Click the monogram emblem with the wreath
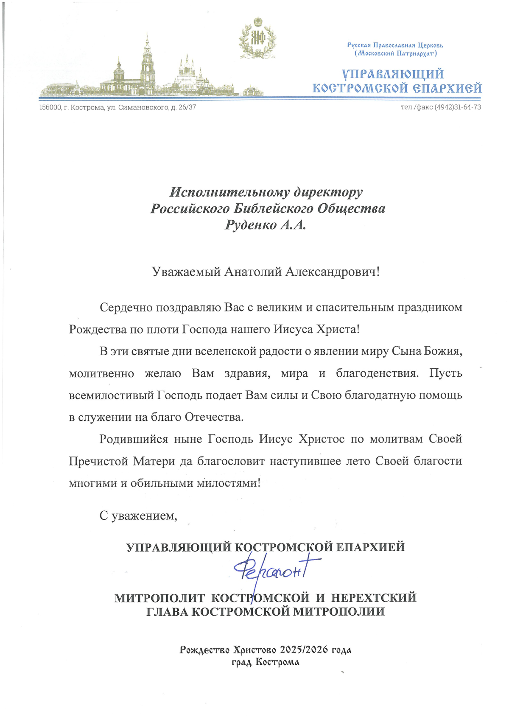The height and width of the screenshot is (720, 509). pyautogui.click(x=257, y=38)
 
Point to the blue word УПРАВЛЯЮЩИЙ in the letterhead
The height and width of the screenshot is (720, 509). pyautogui.click(x=393, y=74)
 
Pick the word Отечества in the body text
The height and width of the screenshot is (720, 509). pyautogui.click(x=214, y=417)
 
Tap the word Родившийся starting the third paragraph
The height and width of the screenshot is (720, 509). pyautogui.click(x=134, y=439)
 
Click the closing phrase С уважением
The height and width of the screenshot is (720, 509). pyautogui.click(x=138, y=515)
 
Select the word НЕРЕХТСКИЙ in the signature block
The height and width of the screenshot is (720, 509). pyautogui.click(x=374, y=598)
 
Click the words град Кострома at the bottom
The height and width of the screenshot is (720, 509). pyautogui.click(x=266, y=662)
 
